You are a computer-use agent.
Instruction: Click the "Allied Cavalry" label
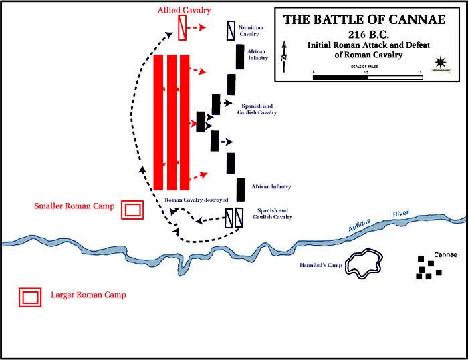point(185,11)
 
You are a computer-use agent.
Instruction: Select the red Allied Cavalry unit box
point(182,27)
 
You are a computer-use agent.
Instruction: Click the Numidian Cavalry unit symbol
point(231,30)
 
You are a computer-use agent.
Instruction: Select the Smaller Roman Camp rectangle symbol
point(132,209)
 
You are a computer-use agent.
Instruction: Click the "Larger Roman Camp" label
point(88,295)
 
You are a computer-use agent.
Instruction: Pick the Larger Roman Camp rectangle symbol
point(30,297)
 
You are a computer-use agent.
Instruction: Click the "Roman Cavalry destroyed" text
point(197,200)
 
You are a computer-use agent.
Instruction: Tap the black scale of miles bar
point(341,78)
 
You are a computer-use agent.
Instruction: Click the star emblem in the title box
point(440,63)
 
